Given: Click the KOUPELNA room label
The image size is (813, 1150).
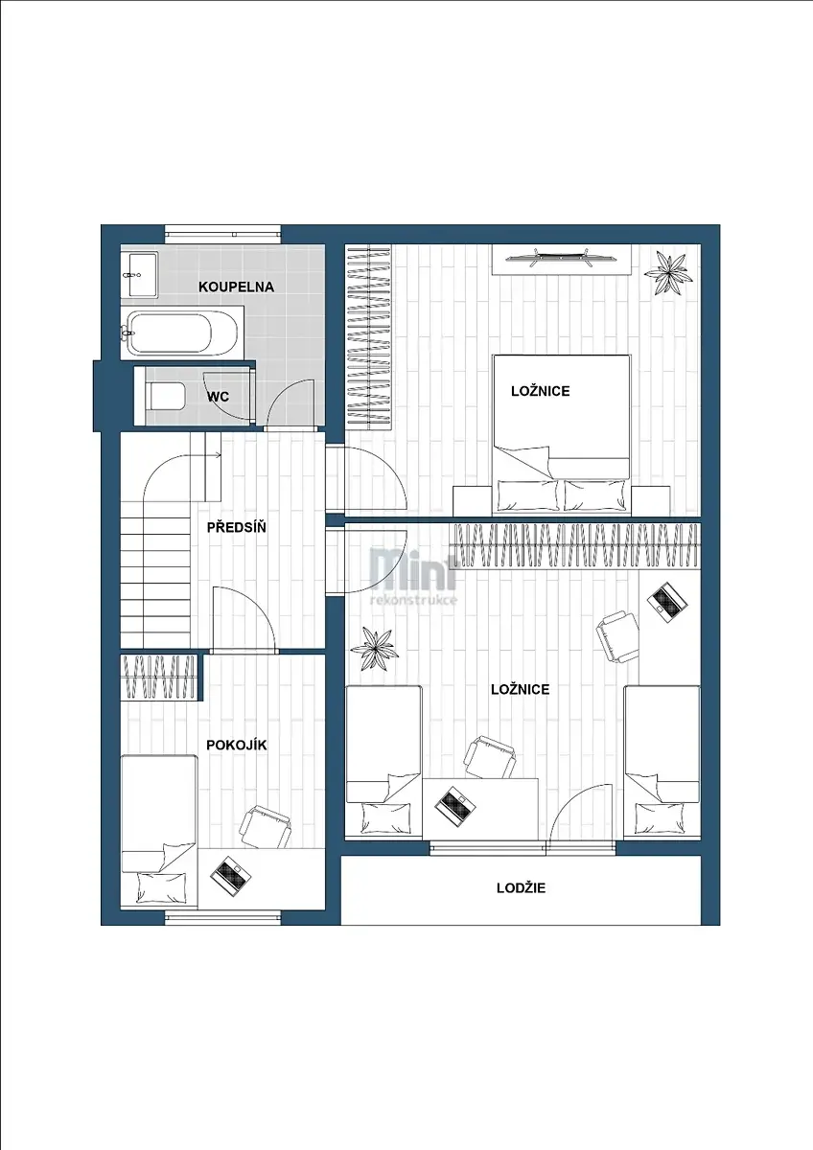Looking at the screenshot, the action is (x=236, y=287).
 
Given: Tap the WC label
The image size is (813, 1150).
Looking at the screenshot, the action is (x=219, y=397).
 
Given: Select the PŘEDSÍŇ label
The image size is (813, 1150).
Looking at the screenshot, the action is (x=237, y=527).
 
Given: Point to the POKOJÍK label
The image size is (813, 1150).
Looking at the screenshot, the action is (x=237, y=746).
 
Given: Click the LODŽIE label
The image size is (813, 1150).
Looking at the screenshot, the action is (x=521, y=888).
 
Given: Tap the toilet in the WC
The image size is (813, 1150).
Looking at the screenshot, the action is (x=165, y=396).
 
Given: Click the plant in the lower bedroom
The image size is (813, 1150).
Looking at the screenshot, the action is (x=373, y=649).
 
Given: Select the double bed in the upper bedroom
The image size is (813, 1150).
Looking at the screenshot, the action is (x=562, y=434).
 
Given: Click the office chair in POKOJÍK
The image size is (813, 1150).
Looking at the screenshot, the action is (x=265, y=827).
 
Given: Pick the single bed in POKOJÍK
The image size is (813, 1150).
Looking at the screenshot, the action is (x=159, y=831).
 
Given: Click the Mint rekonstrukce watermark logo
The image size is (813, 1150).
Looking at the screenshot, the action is (x=414, y=576).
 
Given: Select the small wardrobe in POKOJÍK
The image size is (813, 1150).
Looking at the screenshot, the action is (x=159, y=677).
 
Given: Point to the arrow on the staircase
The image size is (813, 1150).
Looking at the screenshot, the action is (x=213, y=455).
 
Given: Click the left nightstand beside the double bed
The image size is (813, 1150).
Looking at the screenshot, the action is (x=472, y=500).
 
